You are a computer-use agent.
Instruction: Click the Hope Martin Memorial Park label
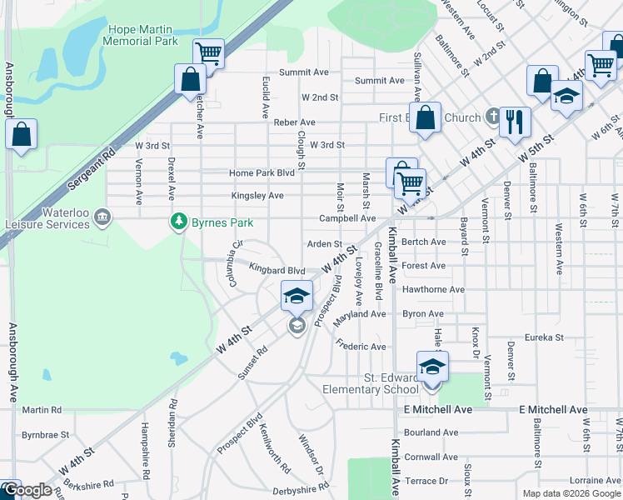coord(142,34)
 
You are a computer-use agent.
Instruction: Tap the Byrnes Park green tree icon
coord(177,221)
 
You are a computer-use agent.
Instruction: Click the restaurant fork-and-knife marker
coord(515,122)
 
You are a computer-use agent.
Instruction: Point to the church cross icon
coord(492,116)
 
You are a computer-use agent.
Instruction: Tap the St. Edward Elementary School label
coord(379,384)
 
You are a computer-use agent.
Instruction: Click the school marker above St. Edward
coord(432,367)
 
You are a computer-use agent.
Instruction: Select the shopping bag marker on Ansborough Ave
coord(21,134)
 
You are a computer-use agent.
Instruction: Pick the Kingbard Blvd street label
coord(277,271)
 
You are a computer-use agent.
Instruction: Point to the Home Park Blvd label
coord(262,173)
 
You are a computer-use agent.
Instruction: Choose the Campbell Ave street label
coord(347,218)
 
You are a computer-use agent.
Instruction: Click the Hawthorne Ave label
coord(433,290)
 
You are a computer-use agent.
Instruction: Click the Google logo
coord(27,490)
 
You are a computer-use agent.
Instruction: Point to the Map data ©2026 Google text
coord(571,493)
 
